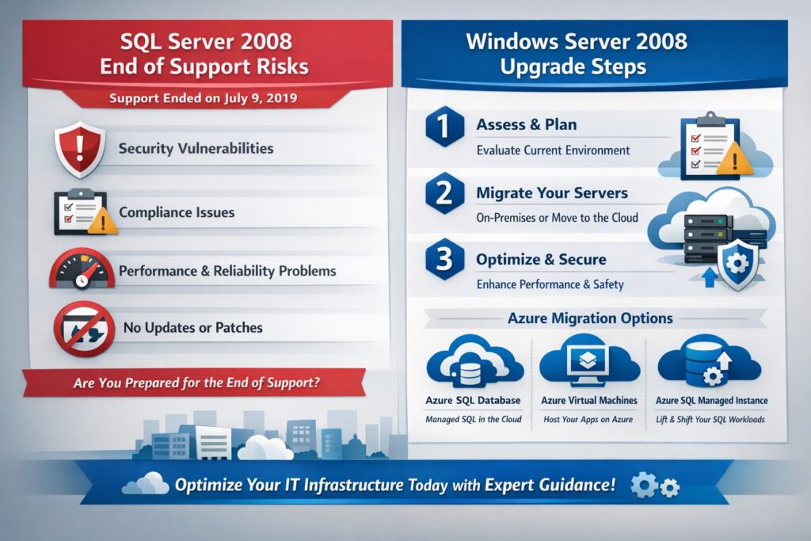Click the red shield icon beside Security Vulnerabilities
pos(79,148)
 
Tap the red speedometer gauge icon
pos(82,270)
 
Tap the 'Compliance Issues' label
pos(177,212)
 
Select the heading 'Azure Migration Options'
pos(590,318)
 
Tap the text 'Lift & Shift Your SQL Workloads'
pos(710,419)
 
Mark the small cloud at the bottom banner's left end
pos(147,483)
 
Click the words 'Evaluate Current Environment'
pos(553,150)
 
